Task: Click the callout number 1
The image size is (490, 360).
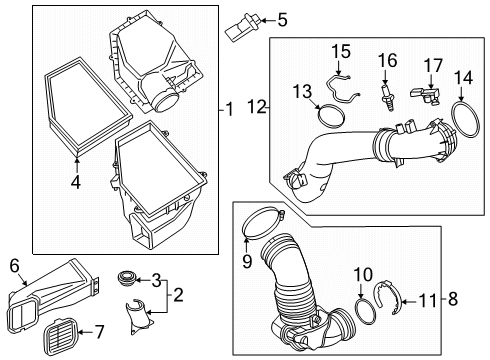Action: [x=230, y=109]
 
